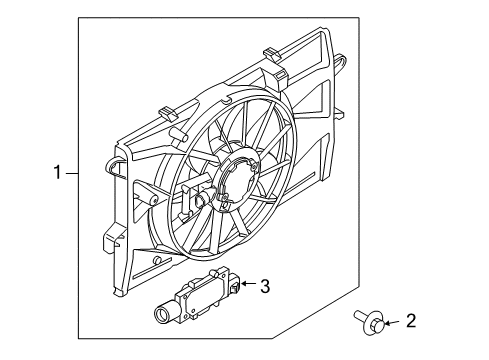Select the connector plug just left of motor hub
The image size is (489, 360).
[203, 202]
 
